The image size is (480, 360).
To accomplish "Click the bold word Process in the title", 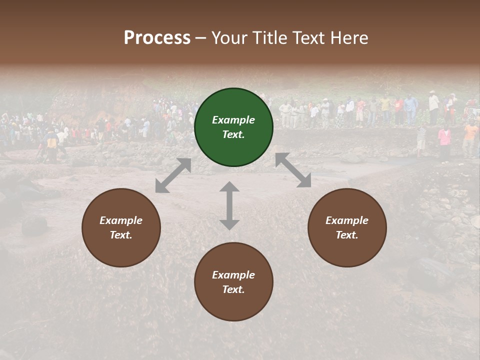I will [x=157, y=38].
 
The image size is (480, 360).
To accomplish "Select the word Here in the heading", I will [x=349, y=38].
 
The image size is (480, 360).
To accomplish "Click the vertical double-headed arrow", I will [x=229, y=205].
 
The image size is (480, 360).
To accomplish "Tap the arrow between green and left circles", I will [x=173, y=175].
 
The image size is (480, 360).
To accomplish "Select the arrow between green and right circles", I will [x=293, y=170].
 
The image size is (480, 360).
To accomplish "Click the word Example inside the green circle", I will [x=233, y=120].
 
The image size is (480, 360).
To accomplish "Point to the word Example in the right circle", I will [x=347, y=220].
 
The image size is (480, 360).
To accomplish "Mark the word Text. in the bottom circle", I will [x=233, y=289].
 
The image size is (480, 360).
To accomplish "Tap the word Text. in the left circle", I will [x=121, y=235].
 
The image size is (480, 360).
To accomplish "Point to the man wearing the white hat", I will [x=433, y=102].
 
